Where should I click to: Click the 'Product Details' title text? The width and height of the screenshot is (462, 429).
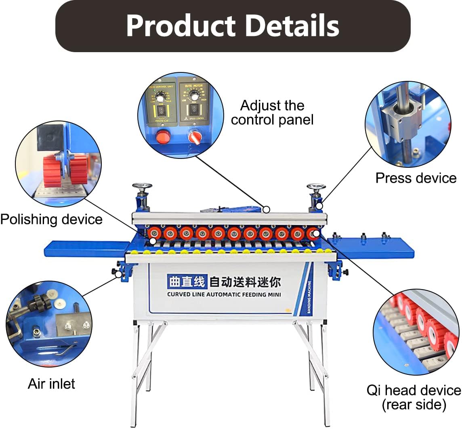point(232,25)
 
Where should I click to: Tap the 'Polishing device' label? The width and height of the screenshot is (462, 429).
point(51,220)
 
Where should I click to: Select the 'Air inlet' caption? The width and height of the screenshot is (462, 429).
point(51,384)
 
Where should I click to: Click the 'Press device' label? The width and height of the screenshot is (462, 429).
point(416,178)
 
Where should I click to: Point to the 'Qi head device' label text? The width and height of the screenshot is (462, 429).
point(414,391)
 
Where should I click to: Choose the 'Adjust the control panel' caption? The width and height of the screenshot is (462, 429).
point(272,112)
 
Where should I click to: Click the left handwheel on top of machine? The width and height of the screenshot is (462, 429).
point(142,187)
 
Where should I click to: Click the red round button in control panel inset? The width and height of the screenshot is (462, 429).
point(163,137)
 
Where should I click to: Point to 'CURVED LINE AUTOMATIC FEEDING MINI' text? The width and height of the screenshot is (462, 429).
point(224,294)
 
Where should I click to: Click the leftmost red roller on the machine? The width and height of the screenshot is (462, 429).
point(154,233)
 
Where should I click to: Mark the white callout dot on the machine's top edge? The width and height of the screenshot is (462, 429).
point(266,209)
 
